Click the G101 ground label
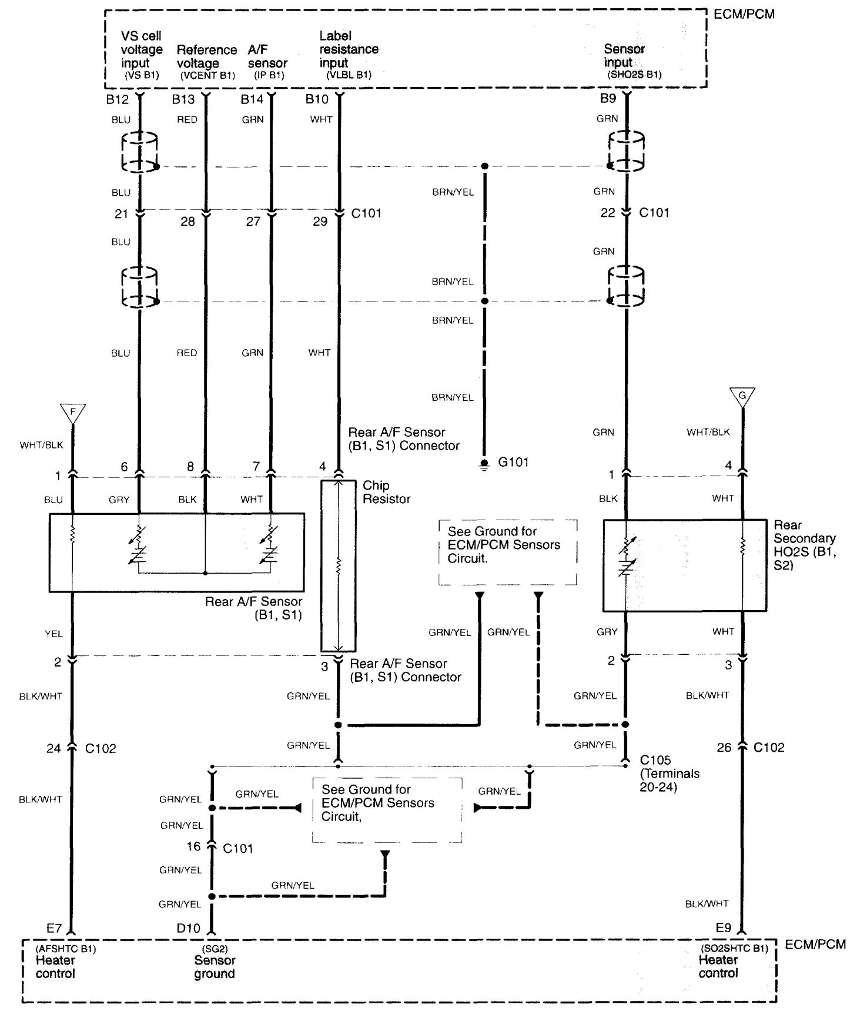[x=513, y=462]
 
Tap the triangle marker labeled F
[x=73, y=413]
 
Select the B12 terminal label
[x=118, y=100]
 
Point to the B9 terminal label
[x=608, y=99]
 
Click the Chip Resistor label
[x=386, y=492]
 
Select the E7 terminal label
[x=54, y=928]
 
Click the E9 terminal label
[x=724, y=927]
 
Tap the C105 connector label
[x=655, y=760]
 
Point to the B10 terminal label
[x=317, y=100]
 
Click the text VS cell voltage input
[x=141, y=49]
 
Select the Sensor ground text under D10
[x=215, y=967]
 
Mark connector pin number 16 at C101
[x=194, y=846]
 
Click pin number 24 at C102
[x=54, y=748]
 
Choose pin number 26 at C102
[x=724, y=747]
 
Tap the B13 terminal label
[x=183, y=100]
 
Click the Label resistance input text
[x=349, y=49]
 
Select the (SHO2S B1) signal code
[x=634, y=75]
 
